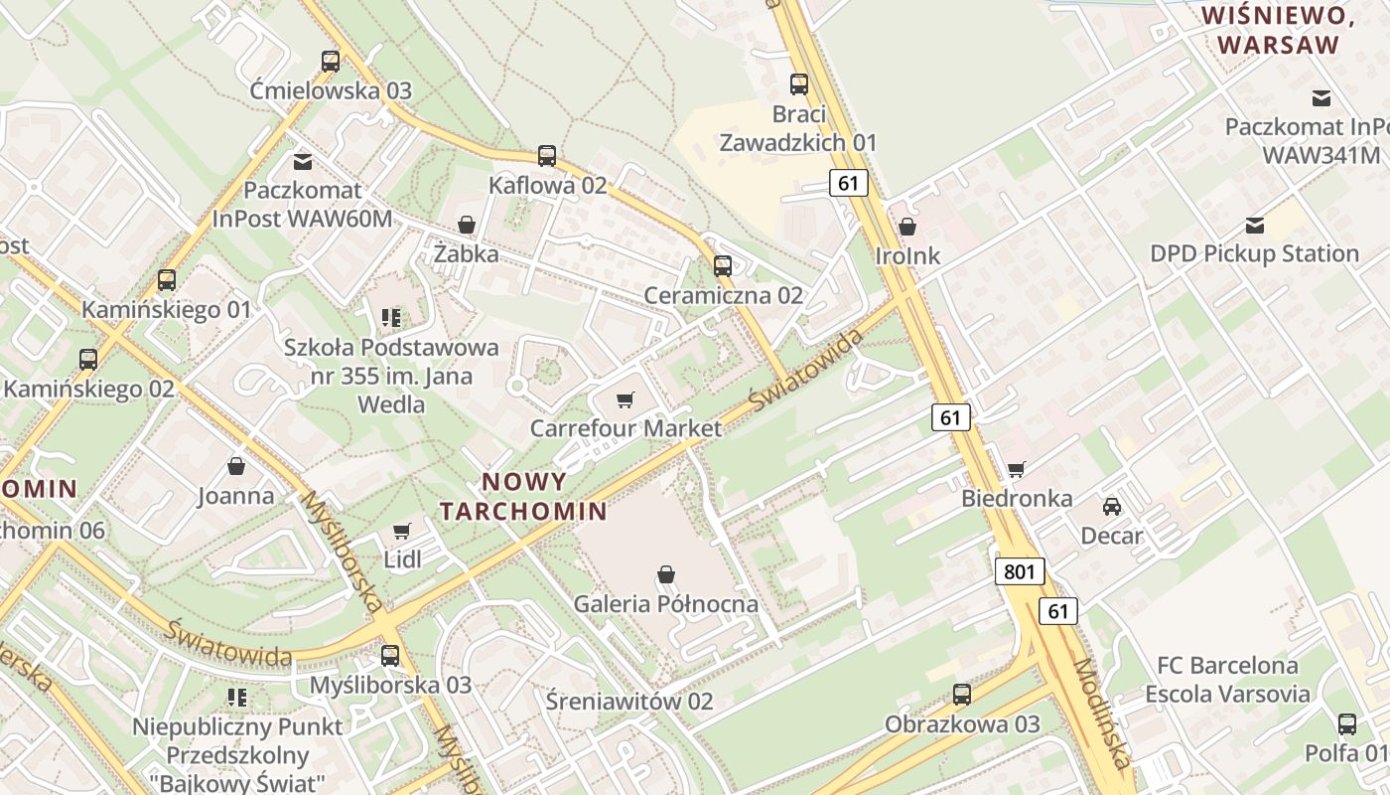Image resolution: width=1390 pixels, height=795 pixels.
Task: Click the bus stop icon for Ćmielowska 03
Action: pos(331,62)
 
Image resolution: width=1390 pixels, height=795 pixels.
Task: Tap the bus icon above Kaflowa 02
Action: pos(547,156)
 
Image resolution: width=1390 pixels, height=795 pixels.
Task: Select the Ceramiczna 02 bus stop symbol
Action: pos(723,266)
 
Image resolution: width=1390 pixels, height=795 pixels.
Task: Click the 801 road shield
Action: pos(1019,571)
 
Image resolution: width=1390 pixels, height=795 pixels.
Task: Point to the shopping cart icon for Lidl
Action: pos(402,532)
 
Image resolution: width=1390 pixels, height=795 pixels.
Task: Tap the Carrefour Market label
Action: pos(625,428)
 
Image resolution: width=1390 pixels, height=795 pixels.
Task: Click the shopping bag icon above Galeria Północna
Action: pos(666,574)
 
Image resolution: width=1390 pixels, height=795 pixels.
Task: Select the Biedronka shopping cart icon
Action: pos(1016,469)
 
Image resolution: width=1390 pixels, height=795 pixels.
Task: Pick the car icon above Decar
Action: pos(1112,507)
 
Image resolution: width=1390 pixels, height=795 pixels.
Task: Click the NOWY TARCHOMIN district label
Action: pos(523,497)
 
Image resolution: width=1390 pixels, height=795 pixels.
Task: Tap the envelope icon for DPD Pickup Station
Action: pos(1255,226)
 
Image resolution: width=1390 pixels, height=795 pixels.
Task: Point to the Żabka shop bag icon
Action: pos(466,226)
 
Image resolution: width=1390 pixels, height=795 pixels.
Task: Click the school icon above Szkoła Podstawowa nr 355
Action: pos(391,318)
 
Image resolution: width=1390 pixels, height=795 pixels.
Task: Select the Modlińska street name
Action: pos(1102,714)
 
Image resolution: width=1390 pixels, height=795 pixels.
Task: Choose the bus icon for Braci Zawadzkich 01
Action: pos(799,84)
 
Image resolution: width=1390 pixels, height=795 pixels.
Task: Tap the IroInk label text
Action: pos(907,255)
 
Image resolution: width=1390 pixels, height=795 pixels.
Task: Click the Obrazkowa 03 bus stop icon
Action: pos(962,695)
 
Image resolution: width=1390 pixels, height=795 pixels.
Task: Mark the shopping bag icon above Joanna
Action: pos(236,466)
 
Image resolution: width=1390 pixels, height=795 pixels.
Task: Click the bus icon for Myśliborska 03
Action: pos(390,656)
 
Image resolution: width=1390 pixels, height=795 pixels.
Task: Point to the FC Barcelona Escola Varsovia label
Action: pos(1227,679)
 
